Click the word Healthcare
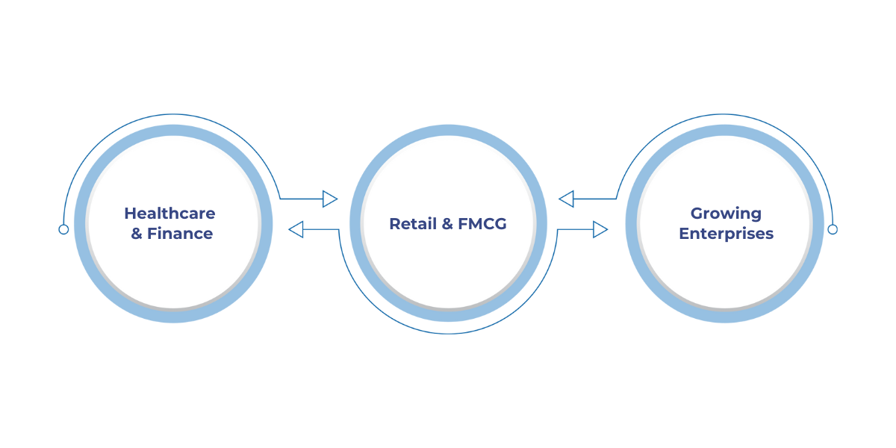point(169,214)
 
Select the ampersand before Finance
point(137,234)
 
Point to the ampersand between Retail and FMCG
point(444,223)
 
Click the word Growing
point(726,214)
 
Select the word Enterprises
point(726,234)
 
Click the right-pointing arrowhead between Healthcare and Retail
point(329,199)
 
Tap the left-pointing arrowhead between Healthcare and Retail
point(296,229)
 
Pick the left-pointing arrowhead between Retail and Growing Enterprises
point(566,199)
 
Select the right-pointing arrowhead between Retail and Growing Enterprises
point(600,229)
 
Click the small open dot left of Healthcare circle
point(63,229)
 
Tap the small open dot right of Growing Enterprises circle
point(833,229)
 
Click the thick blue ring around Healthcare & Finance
point(173,130)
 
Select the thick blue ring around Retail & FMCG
point(448,130)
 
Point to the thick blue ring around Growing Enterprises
point(725,130)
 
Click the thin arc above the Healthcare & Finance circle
point(173,114)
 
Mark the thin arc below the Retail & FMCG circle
point(448,333)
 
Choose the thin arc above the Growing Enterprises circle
point(725,114)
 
